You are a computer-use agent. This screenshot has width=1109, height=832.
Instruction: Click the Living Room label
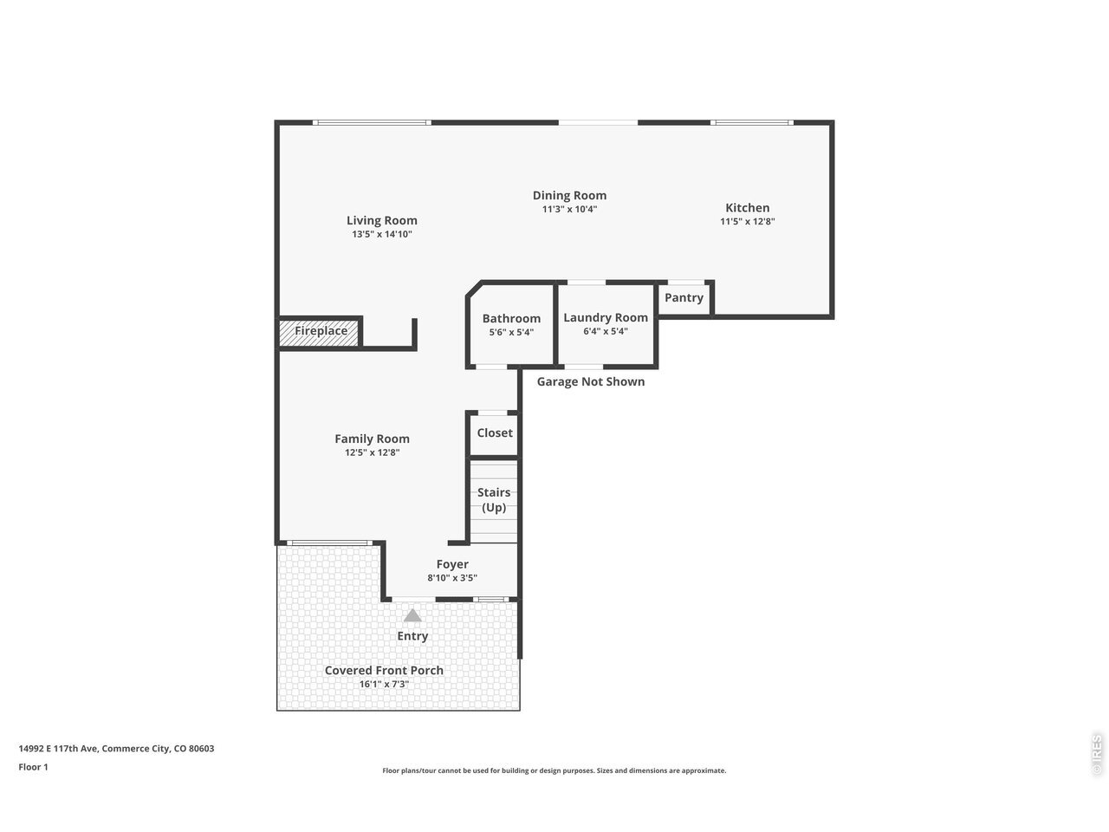381,220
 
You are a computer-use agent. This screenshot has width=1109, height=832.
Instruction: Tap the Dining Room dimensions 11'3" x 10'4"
569,209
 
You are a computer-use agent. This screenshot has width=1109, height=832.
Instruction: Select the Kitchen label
747,208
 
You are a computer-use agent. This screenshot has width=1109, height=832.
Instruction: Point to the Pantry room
684,298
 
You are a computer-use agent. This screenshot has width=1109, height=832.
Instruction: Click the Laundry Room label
606,318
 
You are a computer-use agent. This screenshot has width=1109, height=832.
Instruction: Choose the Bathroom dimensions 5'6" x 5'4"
511,333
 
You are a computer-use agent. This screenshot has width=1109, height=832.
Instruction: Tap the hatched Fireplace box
319,333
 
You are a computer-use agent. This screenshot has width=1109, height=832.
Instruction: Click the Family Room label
372,439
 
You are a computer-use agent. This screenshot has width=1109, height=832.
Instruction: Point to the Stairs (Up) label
494,499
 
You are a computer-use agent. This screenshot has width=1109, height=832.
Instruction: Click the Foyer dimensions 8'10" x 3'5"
452,578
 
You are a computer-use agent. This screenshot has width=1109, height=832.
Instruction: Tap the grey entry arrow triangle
412,615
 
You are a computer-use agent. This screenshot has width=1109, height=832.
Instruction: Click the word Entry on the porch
412,636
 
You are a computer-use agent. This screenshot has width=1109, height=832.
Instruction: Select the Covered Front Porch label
384,670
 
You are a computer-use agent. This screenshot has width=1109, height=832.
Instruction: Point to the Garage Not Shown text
591,382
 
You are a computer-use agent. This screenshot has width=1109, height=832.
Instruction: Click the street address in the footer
116,749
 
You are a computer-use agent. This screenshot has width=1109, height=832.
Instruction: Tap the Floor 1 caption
33,767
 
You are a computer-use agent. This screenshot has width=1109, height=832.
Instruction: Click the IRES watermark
1096,755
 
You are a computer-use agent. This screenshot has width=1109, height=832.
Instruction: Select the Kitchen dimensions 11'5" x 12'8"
747,221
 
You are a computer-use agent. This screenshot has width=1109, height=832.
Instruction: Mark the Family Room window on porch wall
329,543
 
